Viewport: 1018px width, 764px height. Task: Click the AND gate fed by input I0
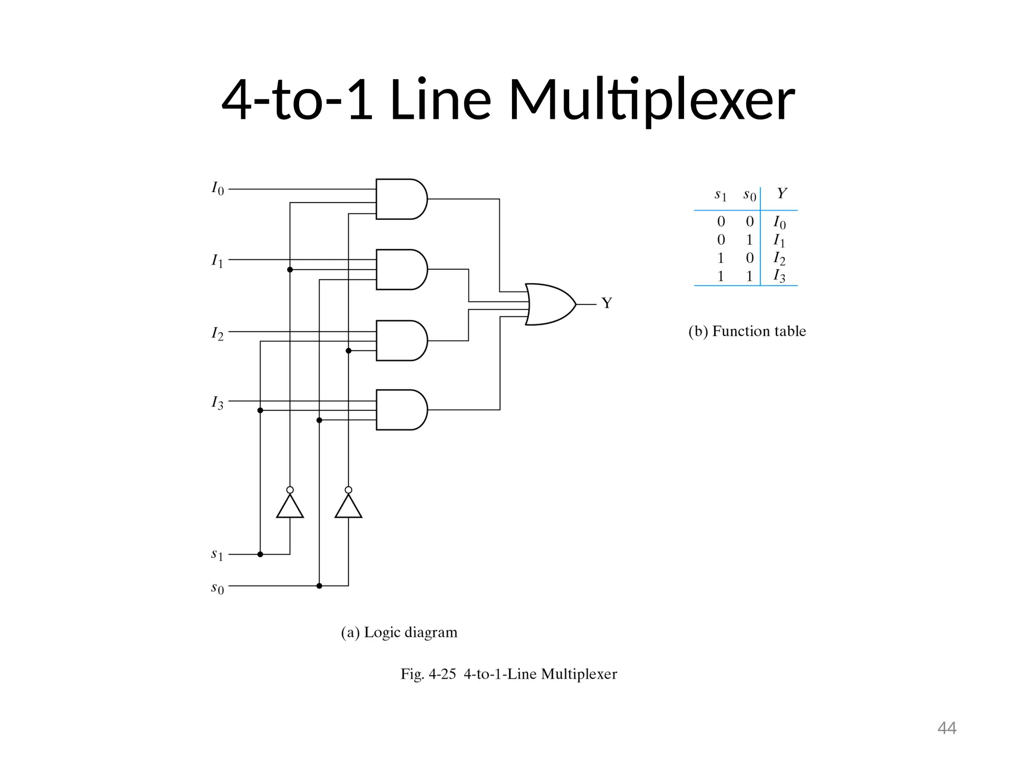401,199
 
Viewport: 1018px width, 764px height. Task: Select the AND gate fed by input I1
401,270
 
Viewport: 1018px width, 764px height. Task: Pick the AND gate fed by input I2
401,341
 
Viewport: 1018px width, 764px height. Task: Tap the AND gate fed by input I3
401,410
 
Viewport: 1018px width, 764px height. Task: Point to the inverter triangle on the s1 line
290,507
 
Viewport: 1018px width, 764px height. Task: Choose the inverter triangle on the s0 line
348,507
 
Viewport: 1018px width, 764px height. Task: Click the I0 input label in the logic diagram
218,189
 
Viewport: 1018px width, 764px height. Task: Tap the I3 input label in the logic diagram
218,402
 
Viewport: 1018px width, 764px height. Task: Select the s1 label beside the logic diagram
217,554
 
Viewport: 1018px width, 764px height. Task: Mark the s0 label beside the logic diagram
217,588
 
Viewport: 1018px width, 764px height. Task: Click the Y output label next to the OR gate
606,303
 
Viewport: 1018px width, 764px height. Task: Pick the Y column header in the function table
781,193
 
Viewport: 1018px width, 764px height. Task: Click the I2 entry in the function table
779,258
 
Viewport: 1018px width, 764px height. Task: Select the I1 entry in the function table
779,241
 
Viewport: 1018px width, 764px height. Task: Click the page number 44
946,728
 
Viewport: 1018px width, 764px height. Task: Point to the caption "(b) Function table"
747,331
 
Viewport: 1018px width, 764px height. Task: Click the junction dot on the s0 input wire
319,586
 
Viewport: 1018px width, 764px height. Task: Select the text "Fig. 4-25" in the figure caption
428,674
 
